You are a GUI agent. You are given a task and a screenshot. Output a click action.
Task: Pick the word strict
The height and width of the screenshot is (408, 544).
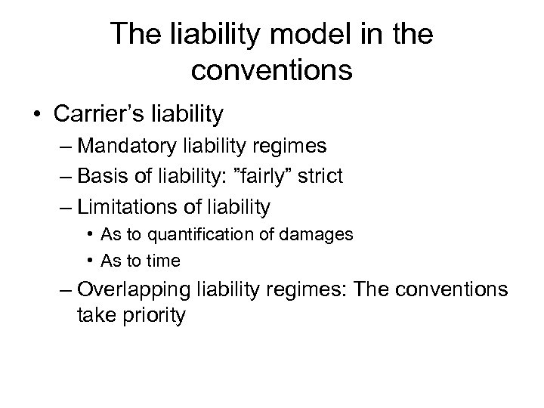coord(321,177)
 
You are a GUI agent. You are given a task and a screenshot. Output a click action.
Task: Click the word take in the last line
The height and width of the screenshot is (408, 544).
coord(94,315)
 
